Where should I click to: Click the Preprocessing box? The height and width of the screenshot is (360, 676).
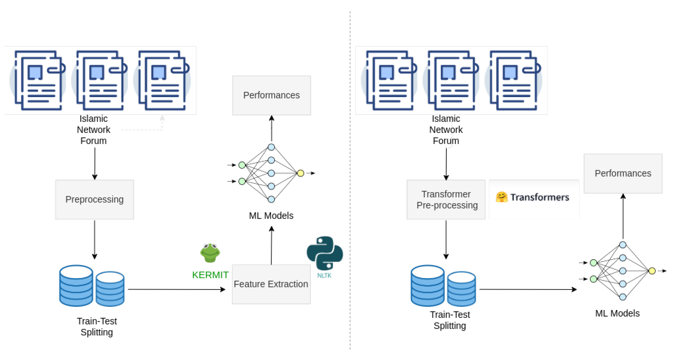[x=95, y=200]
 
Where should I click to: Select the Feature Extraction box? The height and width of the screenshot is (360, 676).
[x=271, y=284]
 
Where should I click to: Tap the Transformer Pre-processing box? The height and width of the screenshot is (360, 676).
[x=446, y=200]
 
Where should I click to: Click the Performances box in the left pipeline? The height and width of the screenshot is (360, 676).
[x=272, y=95]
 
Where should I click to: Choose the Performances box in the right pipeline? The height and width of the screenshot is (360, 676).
[x=623, y=173]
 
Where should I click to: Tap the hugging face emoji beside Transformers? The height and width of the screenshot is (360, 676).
[x=501, y=197]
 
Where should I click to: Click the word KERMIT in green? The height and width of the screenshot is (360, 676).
[x=210, y=275]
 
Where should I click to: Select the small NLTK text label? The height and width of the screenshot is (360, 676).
[x=324, y=275]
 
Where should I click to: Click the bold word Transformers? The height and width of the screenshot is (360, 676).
[x=540, y=197]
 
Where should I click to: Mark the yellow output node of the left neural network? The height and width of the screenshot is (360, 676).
[x=301, y=173]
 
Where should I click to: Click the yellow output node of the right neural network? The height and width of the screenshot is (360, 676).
[x=652, y=271]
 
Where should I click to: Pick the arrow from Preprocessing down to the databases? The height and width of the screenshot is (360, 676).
[x=95, y=240]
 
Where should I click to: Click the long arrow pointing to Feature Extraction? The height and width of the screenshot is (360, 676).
[x=177, y=289]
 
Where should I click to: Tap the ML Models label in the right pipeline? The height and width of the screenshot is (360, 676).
[x=617, y=313]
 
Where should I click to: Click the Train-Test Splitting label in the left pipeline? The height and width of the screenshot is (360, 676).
[x=97, y=327]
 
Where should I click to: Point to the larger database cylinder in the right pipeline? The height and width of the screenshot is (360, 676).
[x=428, y=285]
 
